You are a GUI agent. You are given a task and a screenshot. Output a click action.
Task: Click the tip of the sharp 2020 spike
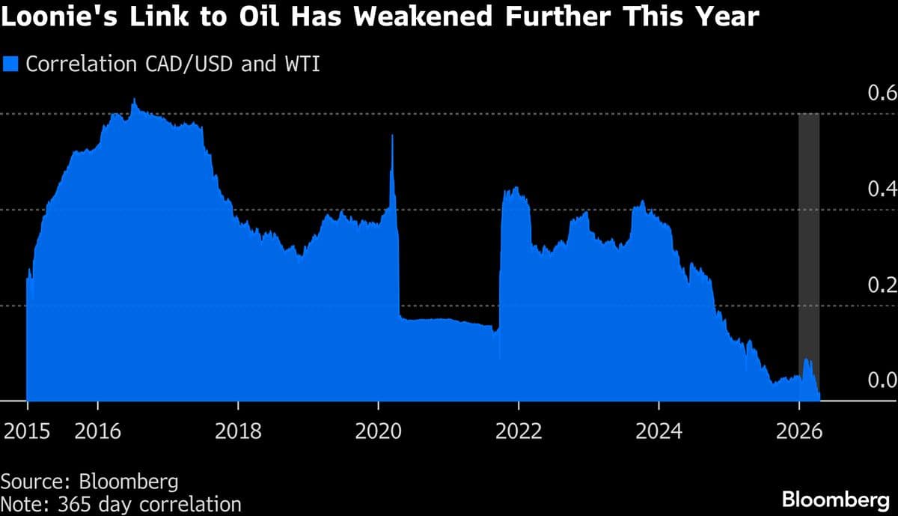(x=392, y=136)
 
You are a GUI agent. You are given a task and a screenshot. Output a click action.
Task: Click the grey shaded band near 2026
(x=809, y=225)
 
